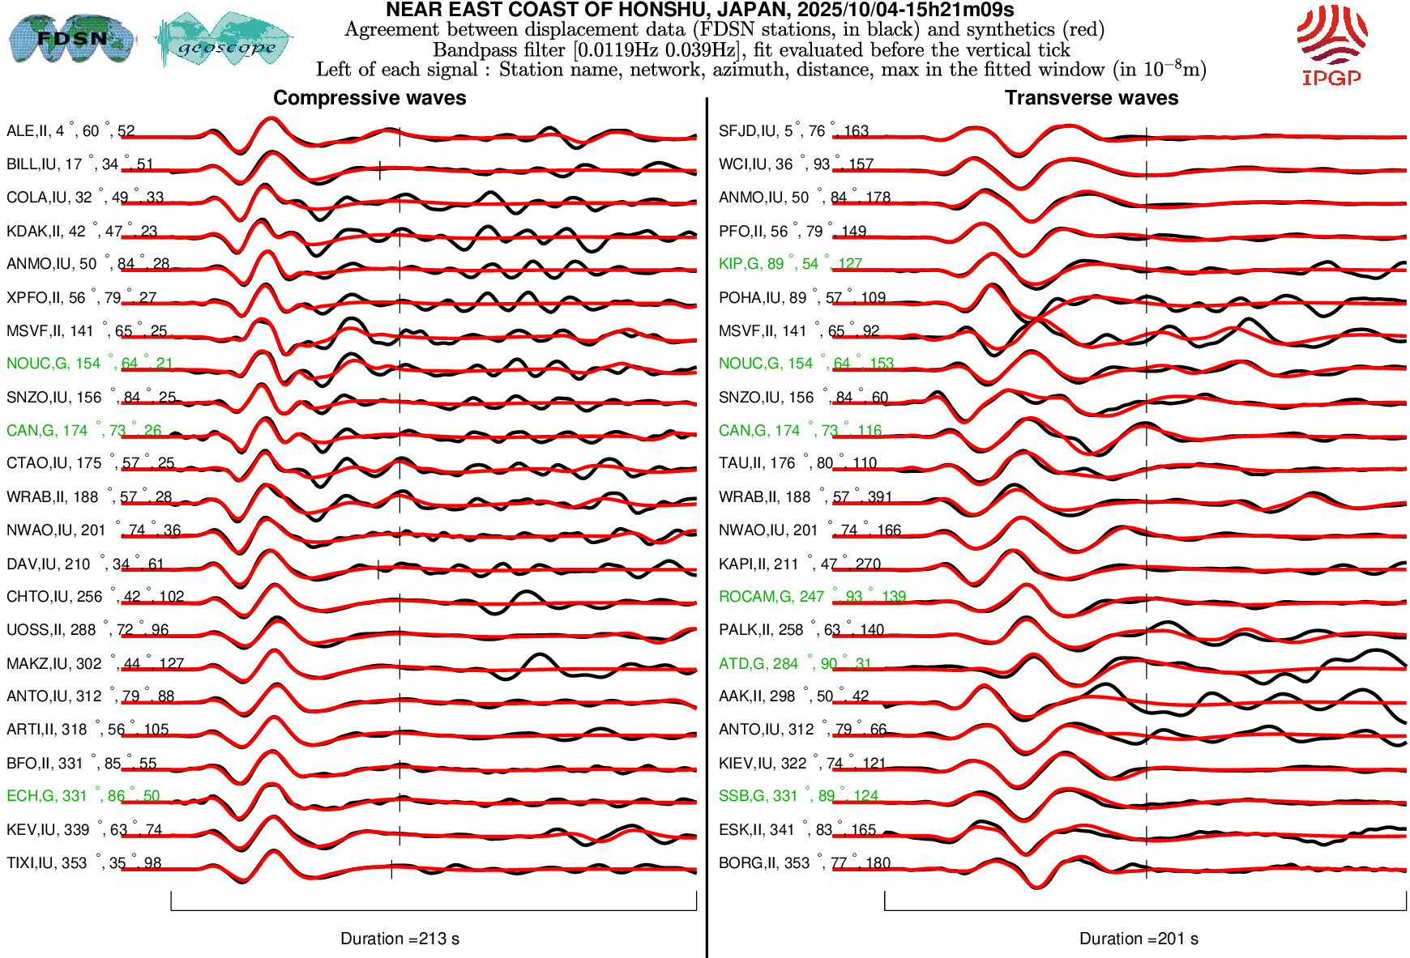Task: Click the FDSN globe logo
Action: click(72, 39)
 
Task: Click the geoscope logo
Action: click(224, 40)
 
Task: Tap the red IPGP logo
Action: click(1331, 45)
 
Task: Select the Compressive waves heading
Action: click(370, 98)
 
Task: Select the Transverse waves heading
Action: click(1092, 98)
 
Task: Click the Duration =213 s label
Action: click(399, 939)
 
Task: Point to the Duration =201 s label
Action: click(1139, 939)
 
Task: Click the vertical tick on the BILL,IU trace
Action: click(380, 170)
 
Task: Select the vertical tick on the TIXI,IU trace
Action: click(391, 869)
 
